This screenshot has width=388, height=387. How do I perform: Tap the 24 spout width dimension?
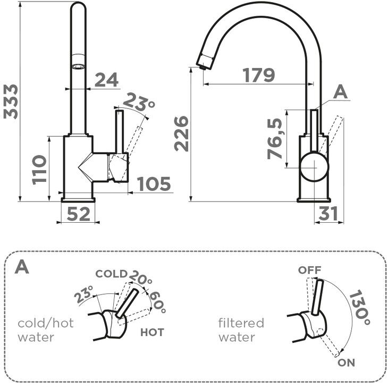106,80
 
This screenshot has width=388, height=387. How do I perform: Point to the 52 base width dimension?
78,214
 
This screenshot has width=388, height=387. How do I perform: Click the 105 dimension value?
154,184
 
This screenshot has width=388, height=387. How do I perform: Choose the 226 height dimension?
183,133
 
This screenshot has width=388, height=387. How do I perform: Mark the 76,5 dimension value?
274,140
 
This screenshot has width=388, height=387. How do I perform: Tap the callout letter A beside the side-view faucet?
340,93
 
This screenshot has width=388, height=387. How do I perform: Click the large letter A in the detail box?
22,266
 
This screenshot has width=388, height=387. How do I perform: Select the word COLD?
111,274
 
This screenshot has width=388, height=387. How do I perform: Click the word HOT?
152,333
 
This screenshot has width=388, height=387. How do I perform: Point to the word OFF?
309,270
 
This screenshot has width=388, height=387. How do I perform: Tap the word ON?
345,363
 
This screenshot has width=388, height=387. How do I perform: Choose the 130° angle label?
360,307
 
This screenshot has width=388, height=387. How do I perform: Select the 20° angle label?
141,279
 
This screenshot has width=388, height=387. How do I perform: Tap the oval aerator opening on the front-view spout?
78,67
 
